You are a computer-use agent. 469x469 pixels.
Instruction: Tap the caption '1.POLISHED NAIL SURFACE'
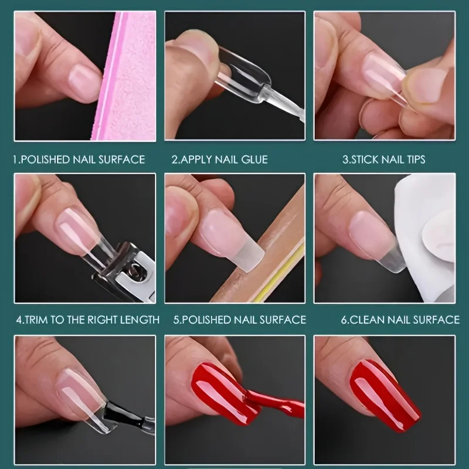[79, 159]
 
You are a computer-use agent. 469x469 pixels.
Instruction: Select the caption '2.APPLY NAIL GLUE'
[219, 159]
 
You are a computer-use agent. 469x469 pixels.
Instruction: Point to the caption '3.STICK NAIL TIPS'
[384, 159]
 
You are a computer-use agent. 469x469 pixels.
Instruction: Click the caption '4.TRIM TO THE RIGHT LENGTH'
[87, 320]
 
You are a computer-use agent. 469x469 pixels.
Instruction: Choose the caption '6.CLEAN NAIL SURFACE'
[400, 320]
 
